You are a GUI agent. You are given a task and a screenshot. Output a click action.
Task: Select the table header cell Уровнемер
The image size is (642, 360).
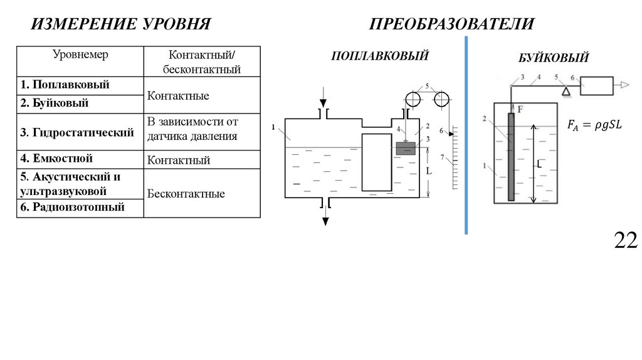[80, 55]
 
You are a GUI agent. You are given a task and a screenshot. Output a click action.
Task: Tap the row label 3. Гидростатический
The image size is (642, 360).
[77, 132]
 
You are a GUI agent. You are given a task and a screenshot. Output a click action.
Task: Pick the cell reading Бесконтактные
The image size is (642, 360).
[186, 194]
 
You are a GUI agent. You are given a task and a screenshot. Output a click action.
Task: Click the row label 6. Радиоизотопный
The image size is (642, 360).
[72, 208]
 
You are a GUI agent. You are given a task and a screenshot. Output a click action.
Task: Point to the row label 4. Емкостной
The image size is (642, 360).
[56, 159]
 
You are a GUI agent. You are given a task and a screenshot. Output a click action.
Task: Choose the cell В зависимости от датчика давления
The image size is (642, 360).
[192, 129]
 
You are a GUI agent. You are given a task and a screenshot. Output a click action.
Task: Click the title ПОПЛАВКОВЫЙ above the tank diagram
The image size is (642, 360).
[380, 56]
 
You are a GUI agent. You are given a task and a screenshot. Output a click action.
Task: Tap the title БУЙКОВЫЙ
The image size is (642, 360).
[553, 58]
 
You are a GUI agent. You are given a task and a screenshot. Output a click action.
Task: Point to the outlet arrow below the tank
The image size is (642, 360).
[325, 217]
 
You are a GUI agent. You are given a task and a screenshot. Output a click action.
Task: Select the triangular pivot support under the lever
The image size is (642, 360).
[566, 92]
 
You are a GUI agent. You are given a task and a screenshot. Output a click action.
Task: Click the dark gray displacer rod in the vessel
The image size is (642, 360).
[511, 157]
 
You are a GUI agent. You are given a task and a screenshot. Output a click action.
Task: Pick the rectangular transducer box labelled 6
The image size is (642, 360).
[596, 85]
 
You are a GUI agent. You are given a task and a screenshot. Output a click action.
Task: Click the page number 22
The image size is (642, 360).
[625, 240]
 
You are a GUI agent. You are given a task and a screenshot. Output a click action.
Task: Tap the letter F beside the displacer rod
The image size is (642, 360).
[520, 109]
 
